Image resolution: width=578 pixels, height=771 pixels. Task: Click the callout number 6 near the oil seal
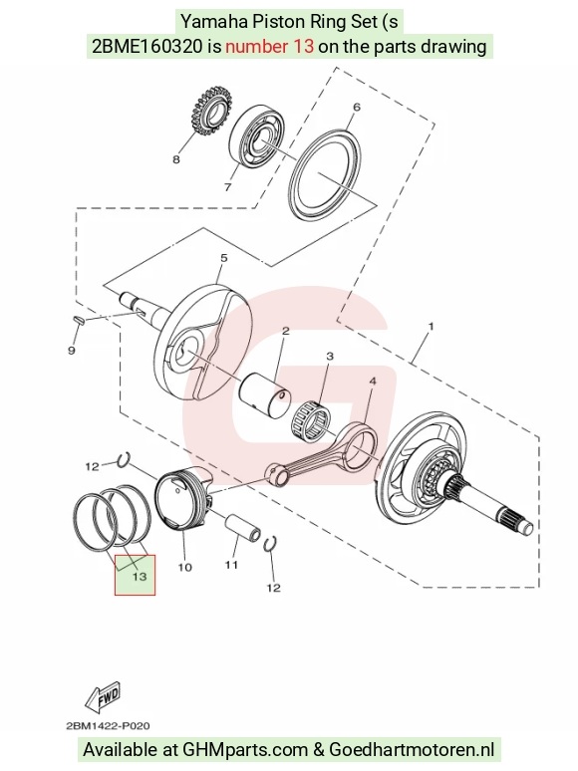(357, 108)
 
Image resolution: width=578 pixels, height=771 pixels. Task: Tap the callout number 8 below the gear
(176, 159)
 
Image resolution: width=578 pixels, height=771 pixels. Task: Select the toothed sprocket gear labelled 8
(210, 114)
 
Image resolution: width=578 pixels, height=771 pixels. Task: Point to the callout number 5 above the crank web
(224, 258)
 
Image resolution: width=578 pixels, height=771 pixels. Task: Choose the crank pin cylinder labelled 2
(264, 396)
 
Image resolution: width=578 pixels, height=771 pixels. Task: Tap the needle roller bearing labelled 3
(311, 422)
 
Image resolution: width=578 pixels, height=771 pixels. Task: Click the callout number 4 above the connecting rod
(373, 382)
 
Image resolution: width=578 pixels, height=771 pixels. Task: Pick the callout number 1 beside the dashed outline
(432, 326)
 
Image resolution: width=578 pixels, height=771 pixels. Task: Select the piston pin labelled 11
(242, 527)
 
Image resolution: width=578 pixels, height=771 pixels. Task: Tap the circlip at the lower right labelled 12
(270, 544)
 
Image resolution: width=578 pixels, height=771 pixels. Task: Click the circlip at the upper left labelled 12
(124, 459)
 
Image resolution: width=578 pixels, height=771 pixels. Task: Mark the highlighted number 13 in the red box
(140, 576)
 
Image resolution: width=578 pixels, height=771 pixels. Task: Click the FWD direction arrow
(103, 697)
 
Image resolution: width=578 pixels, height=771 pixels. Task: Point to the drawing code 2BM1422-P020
(108, 726)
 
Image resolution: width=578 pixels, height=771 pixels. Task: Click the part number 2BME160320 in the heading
(146, 46)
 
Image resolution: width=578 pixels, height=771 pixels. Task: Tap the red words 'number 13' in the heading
(270, 46)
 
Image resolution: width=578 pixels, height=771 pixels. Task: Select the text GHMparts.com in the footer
(245, 750)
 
